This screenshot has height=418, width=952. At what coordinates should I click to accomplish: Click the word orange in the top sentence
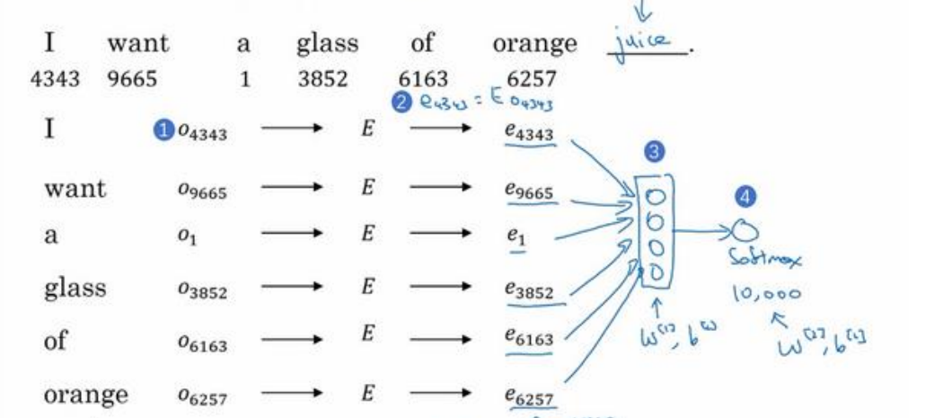(x=534, y=42)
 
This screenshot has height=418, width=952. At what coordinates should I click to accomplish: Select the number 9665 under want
(x=132, y=79)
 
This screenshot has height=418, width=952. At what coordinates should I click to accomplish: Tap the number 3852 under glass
(x=322, y=79)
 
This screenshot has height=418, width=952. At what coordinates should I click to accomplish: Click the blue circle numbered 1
(x=163, y=134)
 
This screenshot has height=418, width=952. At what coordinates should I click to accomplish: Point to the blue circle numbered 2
(x=401, y=103)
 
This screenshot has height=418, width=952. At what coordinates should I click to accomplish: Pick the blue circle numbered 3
(x=655, y=153)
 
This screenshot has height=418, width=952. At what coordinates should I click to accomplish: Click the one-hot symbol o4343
(x=202, y=135)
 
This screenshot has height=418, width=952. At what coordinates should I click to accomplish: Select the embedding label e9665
(x=529, y=191)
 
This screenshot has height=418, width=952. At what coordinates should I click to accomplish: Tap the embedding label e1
(x=514, y=238)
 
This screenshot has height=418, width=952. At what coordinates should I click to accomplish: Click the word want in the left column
(x=75, y=189)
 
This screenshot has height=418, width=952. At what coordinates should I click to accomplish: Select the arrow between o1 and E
(x=291, y=237)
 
